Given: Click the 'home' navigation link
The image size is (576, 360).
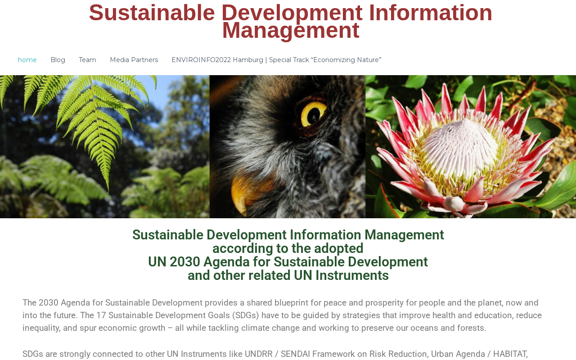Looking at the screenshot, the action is (x=27, y=60).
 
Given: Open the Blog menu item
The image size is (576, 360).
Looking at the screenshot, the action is (x=58, y=60).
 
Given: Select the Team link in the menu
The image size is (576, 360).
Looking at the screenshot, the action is (x=87, y=60).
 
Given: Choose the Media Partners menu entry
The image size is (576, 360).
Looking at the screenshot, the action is (x=134, y=60).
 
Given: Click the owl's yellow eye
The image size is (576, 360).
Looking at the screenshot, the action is (x=313, y=114).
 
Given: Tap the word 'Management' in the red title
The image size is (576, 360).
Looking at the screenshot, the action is (x=291, y=31).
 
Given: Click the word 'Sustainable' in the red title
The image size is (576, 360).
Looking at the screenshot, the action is (x=152, y=13).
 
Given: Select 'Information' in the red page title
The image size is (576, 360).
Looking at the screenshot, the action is (x=431, y=13).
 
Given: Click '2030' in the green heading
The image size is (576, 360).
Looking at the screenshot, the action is (x=185, y=262).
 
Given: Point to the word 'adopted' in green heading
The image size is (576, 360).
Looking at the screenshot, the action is (x=339, y=248).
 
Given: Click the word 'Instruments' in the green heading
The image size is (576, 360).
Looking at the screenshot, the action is (x=352, y=275).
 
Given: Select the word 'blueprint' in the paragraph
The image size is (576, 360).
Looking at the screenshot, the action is (x=291, y=303).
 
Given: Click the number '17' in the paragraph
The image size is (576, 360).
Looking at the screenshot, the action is (x=101, y=315).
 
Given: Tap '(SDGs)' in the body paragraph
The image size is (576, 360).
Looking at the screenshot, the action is (x=246, y=315).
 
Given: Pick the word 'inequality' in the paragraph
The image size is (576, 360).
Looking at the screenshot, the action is (x=41, y=328).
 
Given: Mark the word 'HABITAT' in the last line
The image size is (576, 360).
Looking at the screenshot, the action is (x=509, y=354).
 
